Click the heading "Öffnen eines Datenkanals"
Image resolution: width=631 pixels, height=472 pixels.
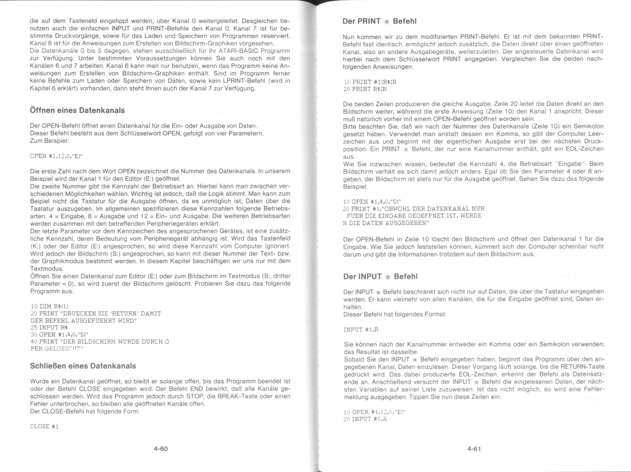click(77, 110)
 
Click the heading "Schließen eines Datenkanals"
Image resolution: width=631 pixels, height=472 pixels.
click(83, 366)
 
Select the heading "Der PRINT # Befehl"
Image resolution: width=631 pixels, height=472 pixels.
click(379, 21)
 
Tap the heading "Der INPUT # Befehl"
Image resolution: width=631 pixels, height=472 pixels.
click(380, 277)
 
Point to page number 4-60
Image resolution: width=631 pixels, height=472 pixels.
click(161, 449)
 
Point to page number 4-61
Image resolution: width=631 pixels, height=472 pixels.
click(474, 449)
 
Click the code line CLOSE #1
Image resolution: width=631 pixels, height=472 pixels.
click(44, 426)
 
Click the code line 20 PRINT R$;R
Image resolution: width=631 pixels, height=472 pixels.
click(365, 89)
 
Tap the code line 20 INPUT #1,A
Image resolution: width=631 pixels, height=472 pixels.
click(365, 419)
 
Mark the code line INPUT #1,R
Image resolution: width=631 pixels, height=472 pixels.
click(361, 329)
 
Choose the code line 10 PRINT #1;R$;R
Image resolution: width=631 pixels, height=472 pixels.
click(370, 82)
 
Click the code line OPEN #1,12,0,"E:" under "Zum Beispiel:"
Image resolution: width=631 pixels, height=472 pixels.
click(56, 156)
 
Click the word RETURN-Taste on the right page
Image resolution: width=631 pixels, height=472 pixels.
click(583, 367)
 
